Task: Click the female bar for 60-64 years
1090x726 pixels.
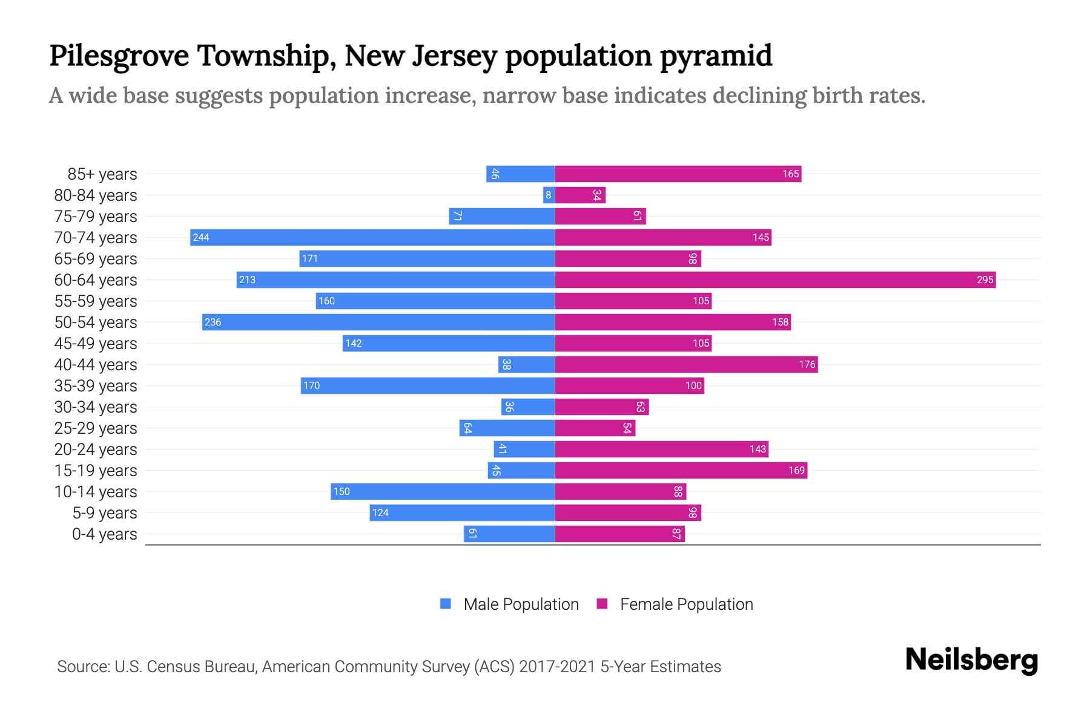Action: [775, 280]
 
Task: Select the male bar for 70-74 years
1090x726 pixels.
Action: [372, 237]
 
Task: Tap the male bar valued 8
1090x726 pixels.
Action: [549, 195]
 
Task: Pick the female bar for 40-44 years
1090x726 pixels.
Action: [686, 364]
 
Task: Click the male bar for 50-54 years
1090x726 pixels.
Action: [378, 322]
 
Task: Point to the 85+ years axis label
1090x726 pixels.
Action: [102, 174]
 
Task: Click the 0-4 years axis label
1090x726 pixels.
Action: [104, 534]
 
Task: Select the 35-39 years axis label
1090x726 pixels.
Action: [96, 386]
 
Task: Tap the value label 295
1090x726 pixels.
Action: [985, 280]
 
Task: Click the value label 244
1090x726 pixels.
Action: [201, 237]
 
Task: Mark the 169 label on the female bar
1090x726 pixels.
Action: [796, 470]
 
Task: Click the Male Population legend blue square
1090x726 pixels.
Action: [446, 604]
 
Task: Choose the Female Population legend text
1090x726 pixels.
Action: [686, 604]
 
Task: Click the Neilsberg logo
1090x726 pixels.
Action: [971, 660]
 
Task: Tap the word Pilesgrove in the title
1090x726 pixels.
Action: [119, 56]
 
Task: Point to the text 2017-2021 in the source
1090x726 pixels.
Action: [557, 667]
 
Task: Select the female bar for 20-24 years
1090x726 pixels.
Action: [661, 449]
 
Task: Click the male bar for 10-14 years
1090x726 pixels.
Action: [443, 491]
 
